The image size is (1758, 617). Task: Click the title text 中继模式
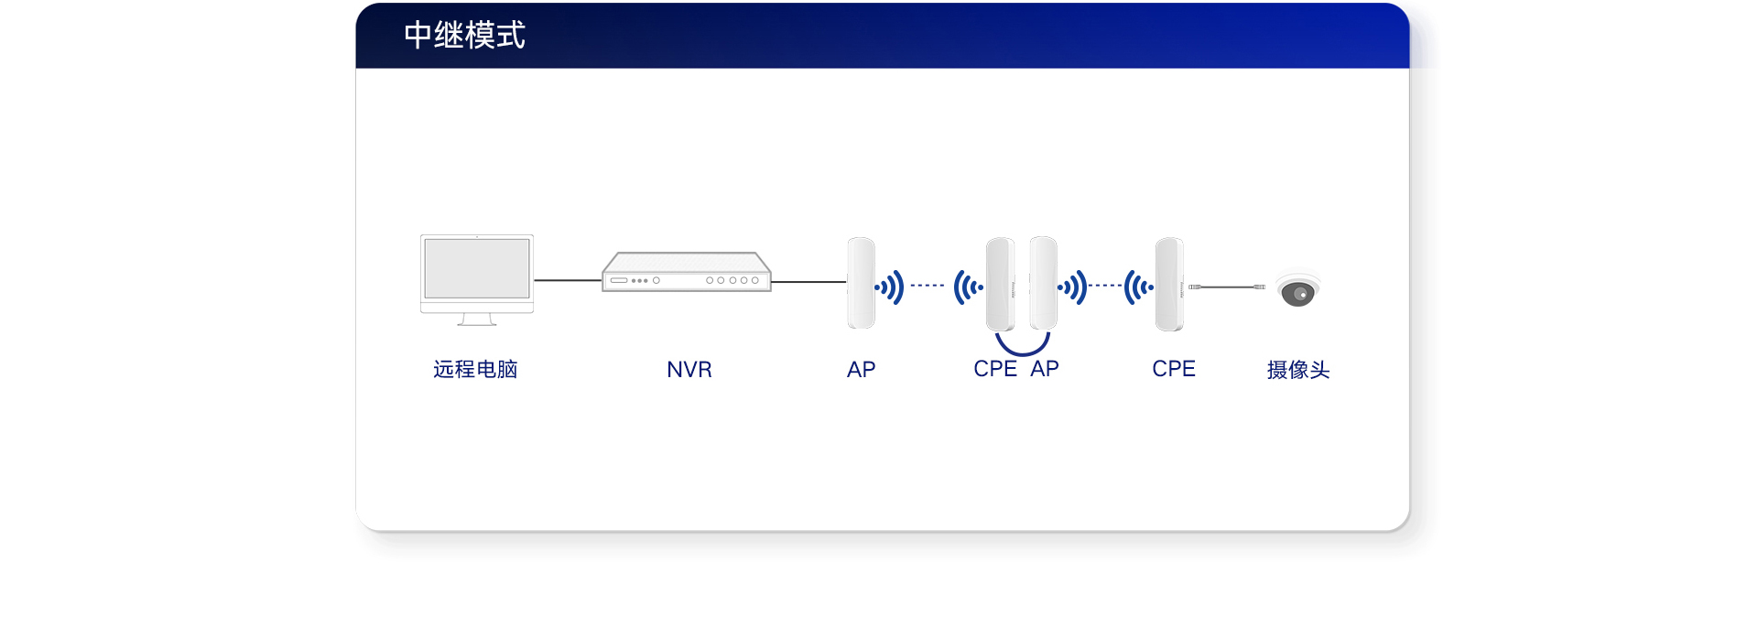click(464, 36)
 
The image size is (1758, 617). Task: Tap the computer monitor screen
click(477, 268)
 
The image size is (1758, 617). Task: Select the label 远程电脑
click(475, 369)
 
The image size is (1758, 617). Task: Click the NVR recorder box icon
click(686, 272)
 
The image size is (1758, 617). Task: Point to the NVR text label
click(689, 370)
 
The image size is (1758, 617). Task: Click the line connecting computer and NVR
click(568, 280)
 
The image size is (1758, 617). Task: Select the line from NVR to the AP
click(808, 282)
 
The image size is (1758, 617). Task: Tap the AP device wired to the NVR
click(861, 283)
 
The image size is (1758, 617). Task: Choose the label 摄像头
click(1297, 370)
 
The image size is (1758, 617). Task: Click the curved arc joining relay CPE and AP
click(1022, 348)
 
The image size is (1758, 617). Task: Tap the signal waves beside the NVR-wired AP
click(890, 287)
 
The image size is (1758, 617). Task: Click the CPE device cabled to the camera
click(1169, 284)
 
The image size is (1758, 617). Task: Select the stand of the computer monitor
click(477, 319)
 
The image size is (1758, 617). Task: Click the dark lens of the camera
click(1297, 294)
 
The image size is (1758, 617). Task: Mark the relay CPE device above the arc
click(1000, 284)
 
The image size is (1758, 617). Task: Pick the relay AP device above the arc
click(1043, 283)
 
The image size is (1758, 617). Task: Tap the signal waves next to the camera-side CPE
click(1138, 287)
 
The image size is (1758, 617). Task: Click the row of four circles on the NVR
click(732, 280)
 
